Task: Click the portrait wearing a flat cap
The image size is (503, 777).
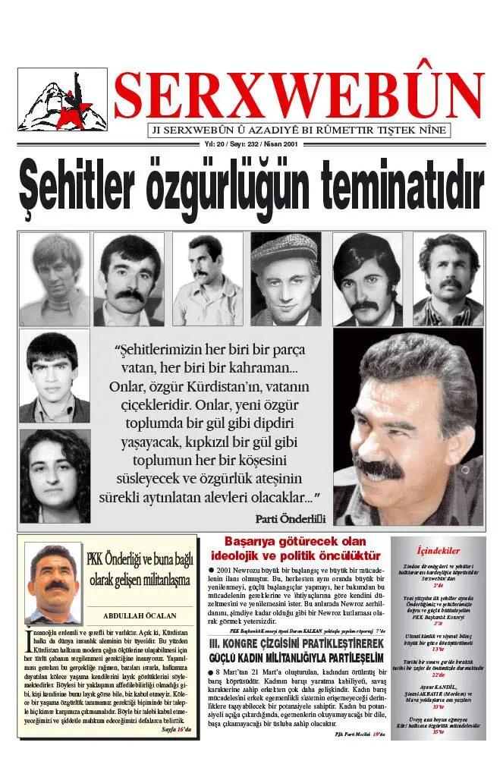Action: pos(286,278)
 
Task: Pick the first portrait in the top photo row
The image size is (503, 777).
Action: pos(54,279)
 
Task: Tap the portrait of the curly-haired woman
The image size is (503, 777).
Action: pos(54,476)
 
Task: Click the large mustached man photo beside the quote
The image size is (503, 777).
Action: pos(418,426)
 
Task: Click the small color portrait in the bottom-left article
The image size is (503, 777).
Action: pos(53,583)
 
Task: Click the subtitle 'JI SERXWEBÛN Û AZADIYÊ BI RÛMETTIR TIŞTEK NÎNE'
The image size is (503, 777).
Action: pos(298,130)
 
